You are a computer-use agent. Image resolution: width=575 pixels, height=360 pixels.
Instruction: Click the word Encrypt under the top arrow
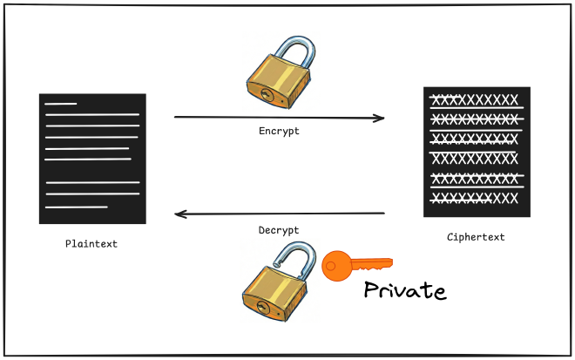click(279, 131)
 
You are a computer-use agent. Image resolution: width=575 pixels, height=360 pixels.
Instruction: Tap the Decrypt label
click(279, 230)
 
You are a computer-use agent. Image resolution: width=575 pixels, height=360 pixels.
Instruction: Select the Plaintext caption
click(91, 244)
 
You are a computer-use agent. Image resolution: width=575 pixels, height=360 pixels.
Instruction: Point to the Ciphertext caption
click(475, 237)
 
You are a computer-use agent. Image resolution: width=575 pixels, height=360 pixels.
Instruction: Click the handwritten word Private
click(404, 290)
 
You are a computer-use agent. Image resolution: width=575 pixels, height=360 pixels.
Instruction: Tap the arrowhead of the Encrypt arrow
click(380, 118)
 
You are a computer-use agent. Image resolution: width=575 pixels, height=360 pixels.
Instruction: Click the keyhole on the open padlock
click(261, 308)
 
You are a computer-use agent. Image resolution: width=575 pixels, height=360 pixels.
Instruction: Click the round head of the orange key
click(335, 266)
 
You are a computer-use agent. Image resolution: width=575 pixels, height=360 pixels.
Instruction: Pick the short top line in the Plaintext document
click(61, 105)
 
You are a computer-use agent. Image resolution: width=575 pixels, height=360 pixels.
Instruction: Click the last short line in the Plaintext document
click(76, 207)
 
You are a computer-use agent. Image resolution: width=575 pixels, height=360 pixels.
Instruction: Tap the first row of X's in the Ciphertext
click(475, 99)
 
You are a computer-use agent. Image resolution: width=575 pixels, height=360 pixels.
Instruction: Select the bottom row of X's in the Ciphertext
click(475, 198)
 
